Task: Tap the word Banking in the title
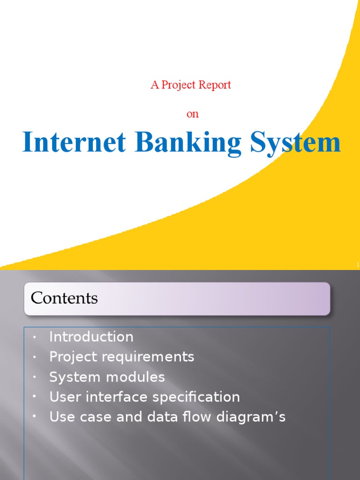pos(188,143)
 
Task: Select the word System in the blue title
pos(295,143)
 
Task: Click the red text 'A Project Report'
pos(191,85)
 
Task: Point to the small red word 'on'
pos(193,114)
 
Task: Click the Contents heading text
pos(64,298)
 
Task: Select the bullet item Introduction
pos(91,337)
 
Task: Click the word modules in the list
pos(137,377)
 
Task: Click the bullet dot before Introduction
pos(34,337)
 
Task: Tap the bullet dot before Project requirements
pos(34,357)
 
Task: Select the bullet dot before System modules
pos(34,377)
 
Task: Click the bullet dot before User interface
pos(34,397)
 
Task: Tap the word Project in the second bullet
pos(69,357)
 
